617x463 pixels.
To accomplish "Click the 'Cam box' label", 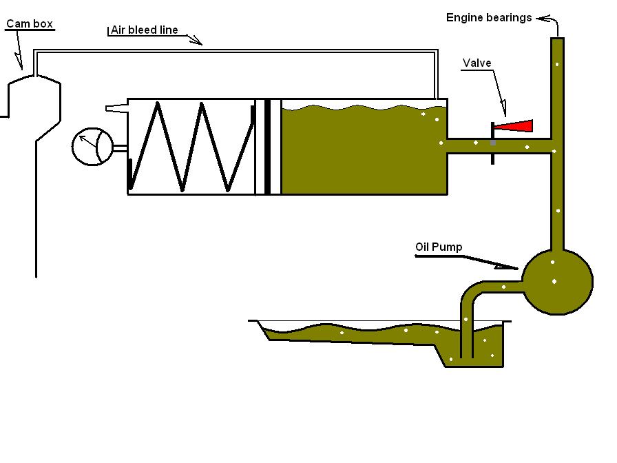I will pyautogui.click(x=30, y=24).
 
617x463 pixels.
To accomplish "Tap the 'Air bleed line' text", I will pyautogui.click(x=144, y=30).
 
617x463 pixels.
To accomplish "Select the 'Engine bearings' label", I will pyautogui.click(x=488, y=17).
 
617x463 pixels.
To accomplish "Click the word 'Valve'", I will pyautogui.click(x=477, y=63).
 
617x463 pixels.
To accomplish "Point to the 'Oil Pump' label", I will pyautogui.click(x=439, y=247).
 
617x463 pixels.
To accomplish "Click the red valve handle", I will pyautogui.click(x=516, y=125).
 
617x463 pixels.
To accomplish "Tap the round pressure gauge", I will pyautogui.click(x=94, y=145).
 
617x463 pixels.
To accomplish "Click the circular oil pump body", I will pyautogui.click(x=557, y=281).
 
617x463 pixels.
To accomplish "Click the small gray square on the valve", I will pyautogui.click(x=492, y=143).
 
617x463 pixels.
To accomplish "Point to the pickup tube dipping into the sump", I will pyautogui.click(x=467, y=324).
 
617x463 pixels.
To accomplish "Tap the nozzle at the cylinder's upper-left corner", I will pyautogui.click(x=116, y=107).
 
